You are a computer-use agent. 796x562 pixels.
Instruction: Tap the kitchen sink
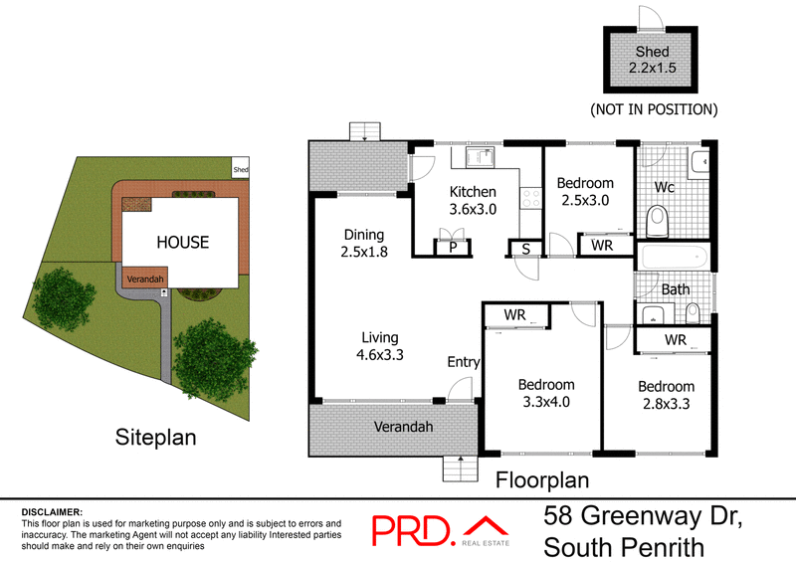tap(483, 159)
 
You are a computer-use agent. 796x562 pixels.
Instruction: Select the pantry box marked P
tap(453, 247)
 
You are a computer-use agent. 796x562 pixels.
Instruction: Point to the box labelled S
tap(524, 248)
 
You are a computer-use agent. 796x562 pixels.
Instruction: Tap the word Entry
tap(463, 362)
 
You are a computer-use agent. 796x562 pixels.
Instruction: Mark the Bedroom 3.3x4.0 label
tap(546, 393)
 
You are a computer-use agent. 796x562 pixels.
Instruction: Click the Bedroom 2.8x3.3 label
tap(666, 395)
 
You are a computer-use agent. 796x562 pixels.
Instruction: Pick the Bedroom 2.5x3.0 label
tap(584, 191)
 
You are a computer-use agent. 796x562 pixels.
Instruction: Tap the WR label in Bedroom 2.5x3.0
tap(602, 244)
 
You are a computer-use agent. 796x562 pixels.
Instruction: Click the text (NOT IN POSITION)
tap(654, 108)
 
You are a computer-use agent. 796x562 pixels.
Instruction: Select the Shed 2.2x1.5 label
tap(654, 60)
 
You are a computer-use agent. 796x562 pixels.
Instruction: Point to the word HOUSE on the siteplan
tap(181, 242)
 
